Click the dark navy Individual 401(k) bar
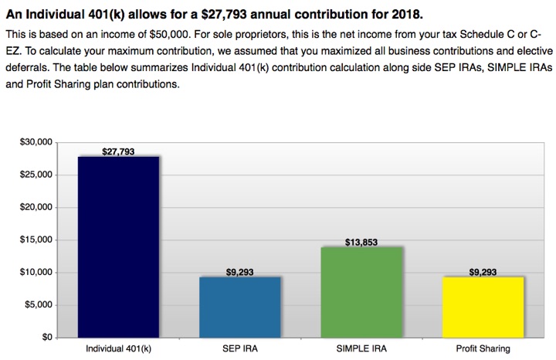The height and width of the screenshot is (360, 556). pyautogui.click(x=118, y=247)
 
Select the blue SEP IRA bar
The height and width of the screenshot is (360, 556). pyautogui.click(x=239, y=307)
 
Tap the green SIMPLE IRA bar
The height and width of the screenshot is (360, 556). pyautogui.click(x=361, y=292)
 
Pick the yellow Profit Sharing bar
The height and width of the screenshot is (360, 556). pyautogui.click(x=483, y=307)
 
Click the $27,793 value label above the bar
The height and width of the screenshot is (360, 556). pyautogui.click(x=118, y=151)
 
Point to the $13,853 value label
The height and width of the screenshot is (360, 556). pyautogui.click(x=361, y=242)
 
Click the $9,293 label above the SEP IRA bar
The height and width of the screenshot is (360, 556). pyautogui.click(x=239, y=272)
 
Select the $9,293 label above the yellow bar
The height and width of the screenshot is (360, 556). pyautogui.click(x=483, y=272)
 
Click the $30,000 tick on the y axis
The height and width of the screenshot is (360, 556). pyautogui.click(x=35, y=142)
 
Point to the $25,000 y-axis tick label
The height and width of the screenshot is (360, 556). pyautogui.click(x=35, y=175)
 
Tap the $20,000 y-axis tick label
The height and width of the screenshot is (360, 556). pyautogui.click(x=35, y=207)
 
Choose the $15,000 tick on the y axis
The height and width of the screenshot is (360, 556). pyautogui.click(x=35, y=239)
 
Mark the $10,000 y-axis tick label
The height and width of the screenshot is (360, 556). pyautogui.click(x=35, y=272)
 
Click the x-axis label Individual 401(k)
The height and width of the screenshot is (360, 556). pyautogui.click(x=118, y=349)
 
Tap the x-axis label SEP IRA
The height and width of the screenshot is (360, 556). pyautogui.click(x=239, y=349)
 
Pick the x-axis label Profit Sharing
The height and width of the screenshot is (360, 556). pyautogui.click(x=483, y=349)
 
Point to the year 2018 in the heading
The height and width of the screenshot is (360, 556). pyautogui.click(x=405, y=15)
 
